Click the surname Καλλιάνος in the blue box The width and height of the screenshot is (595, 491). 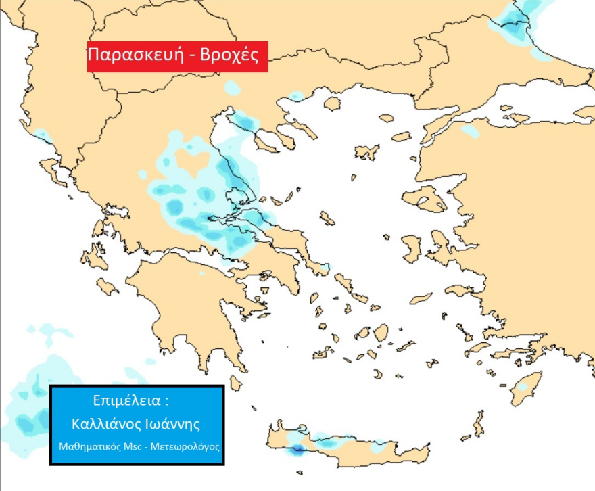108,424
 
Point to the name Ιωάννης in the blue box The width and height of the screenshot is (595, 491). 174,424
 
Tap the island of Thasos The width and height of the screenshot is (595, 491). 332,104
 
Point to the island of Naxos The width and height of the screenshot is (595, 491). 381,332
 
